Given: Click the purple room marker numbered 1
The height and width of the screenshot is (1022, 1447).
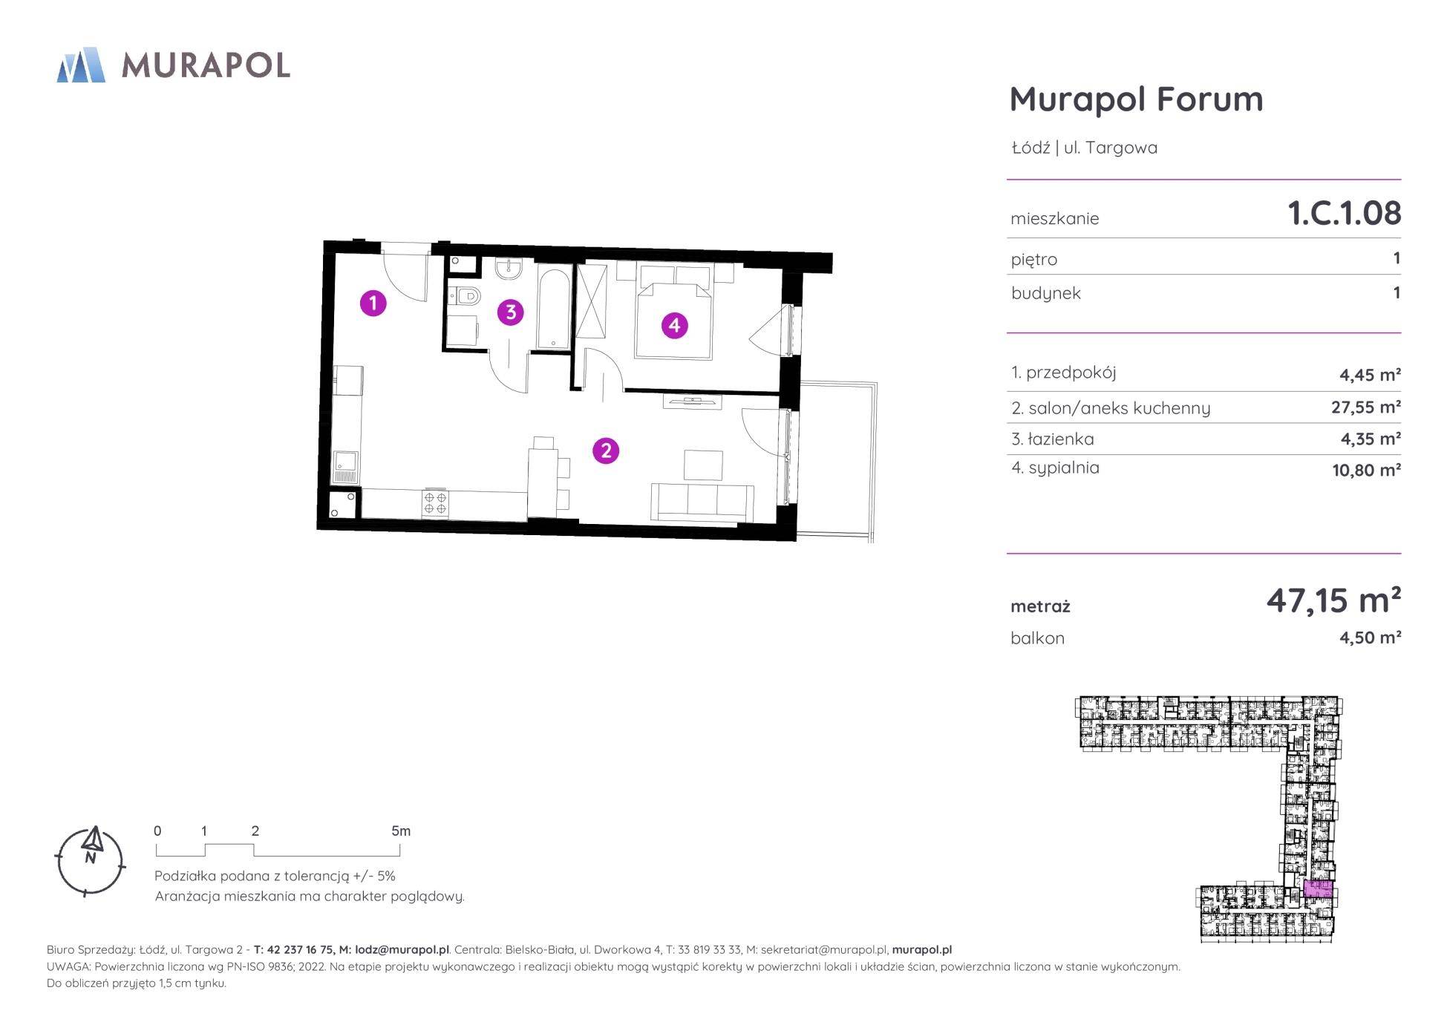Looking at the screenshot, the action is [x=373, y=303].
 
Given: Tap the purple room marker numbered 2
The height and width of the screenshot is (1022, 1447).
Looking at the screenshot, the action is [x=606, y=451].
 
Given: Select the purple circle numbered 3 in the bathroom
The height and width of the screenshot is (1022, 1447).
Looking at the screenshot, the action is [x=510, y=312].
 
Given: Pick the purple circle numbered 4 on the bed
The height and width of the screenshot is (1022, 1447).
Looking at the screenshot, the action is [x=674, y=325].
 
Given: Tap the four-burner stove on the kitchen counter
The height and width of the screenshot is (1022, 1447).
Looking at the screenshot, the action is [x=435, y=502].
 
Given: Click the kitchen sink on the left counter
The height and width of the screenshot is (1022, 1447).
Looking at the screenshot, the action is [x=346, y=466].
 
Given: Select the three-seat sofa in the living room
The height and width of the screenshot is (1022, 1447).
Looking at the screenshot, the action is [x=702, y=502].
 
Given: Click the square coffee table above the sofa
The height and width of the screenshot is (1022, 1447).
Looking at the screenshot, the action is [x=703, y=465].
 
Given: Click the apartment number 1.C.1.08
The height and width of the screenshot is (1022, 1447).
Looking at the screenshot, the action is [x=1344, y=213].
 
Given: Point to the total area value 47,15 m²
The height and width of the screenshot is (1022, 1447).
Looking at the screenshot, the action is [x=1333, y=600].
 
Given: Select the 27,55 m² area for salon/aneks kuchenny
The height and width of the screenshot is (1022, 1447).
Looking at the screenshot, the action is [x=1366, y=407].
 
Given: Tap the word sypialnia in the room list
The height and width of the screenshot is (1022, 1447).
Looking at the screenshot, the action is [x=1064, y=468].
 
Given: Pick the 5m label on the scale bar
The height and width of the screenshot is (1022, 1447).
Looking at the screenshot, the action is [x=401, y=831].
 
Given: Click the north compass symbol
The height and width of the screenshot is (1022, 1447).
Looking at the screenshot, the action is [x=90, y=860].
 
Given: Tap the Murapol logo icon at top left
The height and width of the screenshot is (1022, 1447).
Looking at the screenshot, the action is [x=81, y=65].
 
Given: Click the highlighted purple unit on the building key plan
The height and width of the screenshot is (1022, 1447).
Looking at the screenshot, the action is [x=1318, y=889].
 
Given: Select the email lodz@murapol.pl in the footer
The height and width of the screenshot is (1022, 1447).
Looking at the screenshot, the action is [x=402, y=950].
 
